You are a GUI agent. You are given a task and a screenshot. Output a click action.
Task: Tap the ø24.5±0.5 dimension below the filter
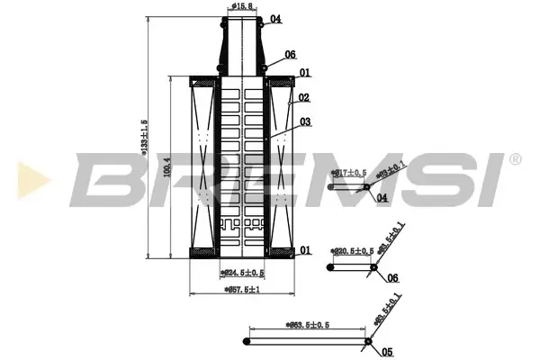click(242, 272)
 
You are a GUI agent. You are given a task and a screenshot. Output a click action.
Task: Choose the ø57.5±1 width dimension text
click(242, 290)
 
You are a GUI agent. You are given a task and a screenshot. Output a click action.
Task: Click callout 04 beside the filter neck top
click(275, 19)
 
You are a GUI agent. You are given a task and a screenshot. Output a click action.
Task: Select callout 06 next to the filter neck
click(290, 55)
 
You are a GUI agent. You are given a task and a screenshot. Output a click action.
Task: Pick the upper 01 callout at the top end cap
click(305, 74)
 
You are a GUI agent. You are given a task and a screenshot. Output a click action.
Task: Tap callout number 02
click(305, 98)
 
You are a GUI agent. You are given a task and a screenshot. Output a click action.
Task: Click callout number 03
click(305, 121)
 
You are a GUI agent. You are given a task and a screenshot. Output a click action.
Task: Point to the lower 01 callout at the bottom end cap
click(305, 250)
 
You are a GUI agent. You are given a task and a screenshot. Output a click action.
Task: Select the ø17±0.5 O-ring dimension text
click(347, 172)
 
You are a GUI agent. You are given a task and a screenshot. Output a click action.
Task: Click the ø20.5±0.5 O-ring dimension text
click(352, 251)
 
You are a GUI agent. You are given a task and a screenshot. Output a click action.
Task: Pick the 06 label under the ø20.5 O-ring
click(391, 278)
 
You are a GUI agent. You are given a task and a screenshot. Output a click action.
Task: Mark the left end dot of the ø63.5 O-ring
click(248, 342)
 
